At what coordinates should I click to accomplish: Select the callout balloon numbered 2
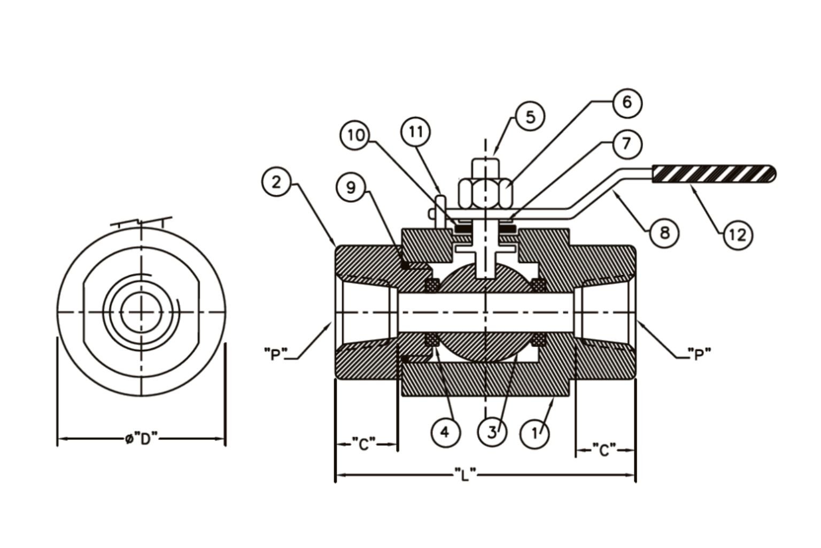(276, 182)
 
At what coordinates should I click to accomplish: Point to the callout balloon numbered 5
(530, 117)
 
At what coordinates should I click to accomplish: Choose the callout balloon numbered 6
(627, 102)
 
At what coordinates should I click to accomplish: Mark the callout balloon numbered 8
(664, 233)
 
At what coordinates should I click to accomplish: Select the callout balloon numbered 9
(351, 187)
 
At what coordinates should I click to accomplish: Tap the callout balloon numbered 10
(355, 135)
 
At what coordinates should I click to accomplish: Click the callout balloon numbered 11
(416, 132)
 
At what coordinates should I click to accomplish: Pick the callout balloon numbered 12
(738, 234)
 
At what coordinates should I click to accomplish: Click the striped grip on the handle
(713, 174)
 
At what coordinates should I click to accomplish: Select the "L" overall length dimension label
(465, 474)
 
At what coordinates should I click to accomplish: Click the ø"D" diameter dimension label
(142, 439)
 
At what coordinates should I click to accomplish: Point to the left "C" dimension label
(364, 444)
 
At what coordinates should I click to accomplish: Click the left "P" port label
(276, 354)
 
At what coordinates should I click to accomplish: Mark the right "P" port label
(699, 354)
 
